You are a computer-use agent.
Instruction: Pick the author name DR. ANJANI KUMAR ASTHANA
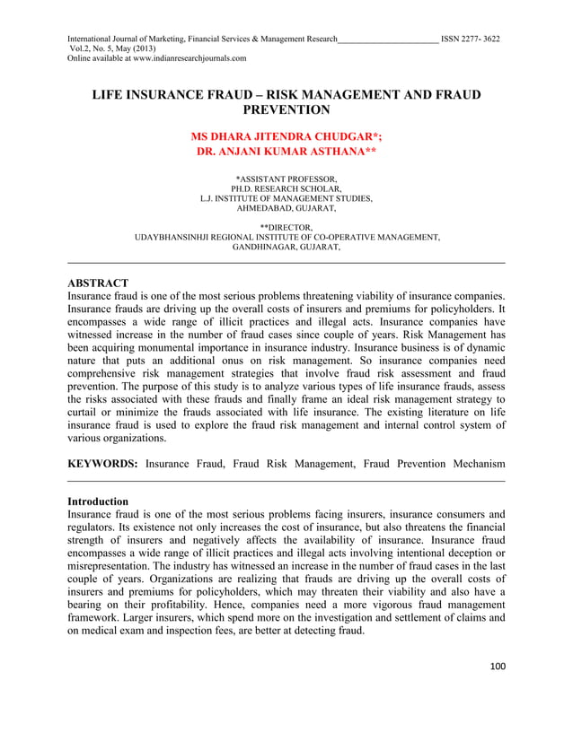click(x=286, y=153)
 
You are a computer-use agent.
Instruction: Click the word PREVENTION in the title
click(x=286, y=110)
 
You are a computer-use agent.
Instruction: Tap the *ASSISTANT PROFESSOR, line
click(x=286, y=179)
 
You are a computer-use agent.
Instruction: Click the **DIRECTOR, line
click(x=286, y=227)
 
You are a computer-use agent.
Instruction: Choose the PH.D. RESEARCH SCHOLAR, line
click(x=286, y=189)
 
